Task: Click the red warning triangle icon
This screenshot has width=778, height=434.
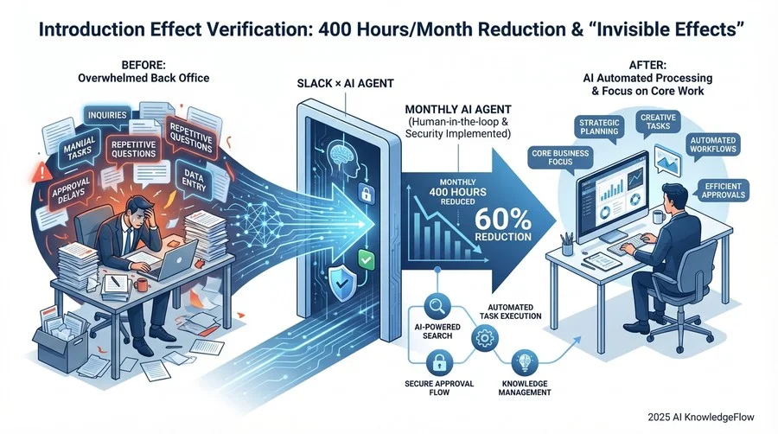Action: (x=42, y=172)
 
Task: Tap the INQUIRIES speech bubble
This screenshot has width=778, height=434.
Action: (x=107, y=116)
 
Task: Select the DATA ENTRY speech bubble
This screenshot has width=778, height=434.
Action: (x=194, y=180)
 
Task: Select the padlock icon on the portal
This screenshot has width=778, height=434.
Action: (x=366, y=192)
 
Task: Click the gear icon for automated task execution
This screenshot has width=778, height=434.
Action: (x=484, y=339)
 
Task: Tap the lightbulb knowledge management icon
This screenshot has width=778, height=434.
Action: (x=524, y=362)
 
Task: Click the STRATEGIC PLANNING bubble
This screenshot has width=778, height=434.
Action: (x=599, y=128)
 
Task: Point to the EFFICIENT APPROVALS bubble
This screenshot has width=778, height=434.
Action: (x=723, y=191)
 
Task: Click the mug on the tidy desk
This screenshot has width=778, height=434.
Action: (x=659, y=217)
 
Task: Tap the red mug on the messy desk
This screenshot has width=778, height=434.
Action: (x=140, y=284)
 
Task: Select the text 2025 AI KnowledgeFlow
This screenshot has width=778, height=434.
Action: (x=700, y=417)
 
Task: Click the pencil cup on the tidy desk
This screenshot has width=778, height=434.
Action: (x=567, y=245)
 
